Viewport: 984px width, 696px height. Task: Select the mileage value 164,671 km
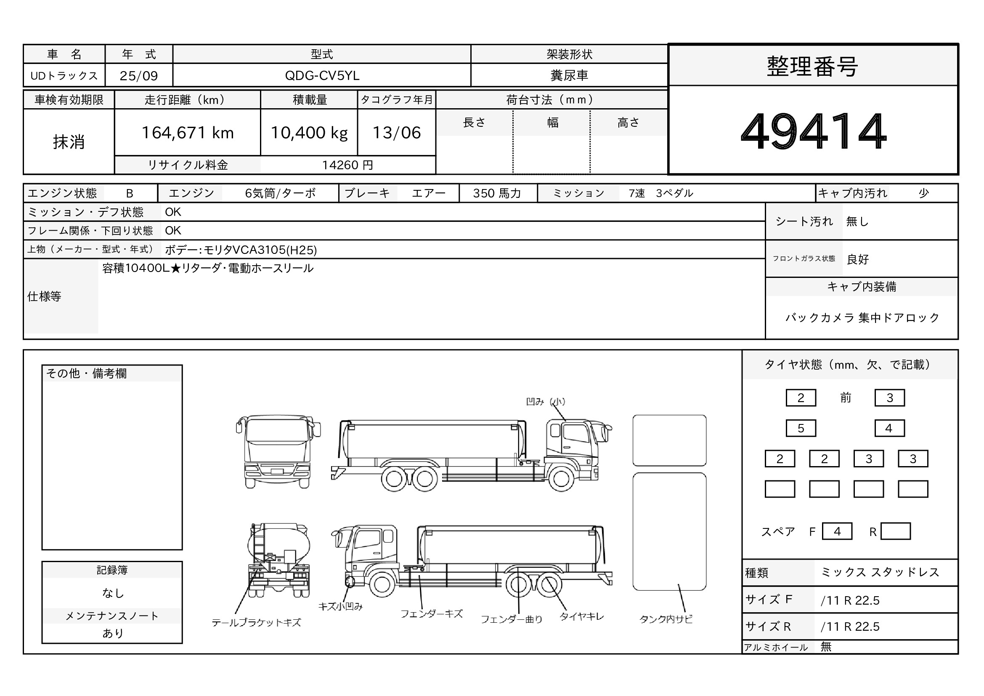[x=188, y=133]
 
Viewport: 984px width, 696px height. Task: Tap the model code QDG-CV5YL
[x=322, y=75]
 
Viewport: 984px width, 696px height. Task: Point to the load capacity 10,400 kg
[x=309, y=133]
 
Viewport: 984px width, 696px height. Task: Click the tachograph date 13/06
[x=396, y=133]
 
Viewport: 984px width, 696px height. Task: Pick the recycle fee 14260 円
[x=347, y=165]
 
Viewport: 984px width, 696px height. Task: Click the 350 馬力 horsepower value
[x=497, y=193]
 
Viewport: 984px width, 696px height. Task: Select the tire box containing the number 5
[x=801, y=428]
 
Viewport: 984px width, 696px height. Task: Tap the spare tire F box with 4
[x=837, y=531]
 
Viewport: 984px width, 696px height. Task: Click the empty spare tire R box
[x=895, y=531]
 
